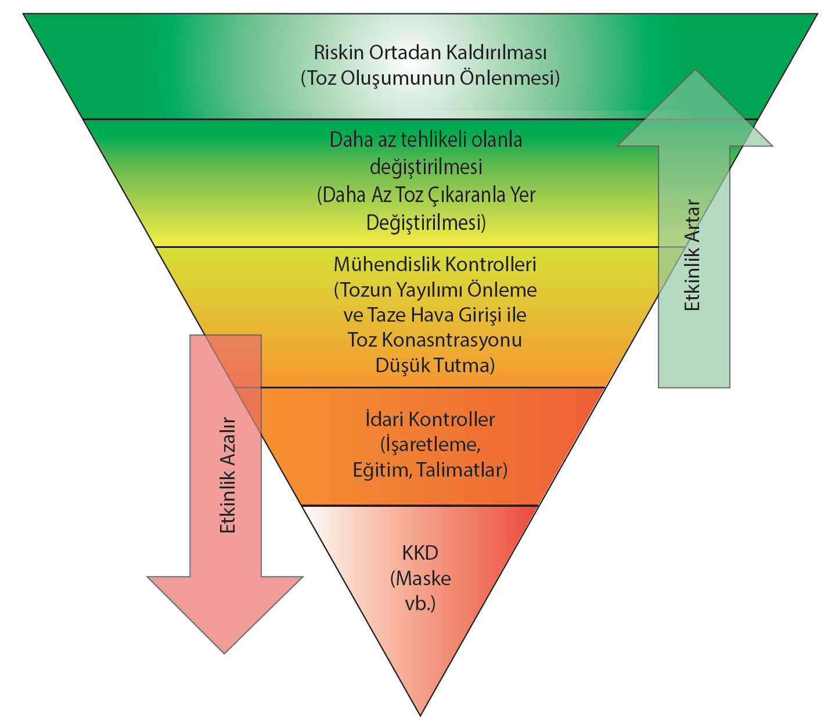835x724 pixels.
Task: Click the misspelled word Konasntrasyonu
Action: pos(451,340)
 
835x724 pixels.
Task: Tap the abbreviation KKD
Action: pos(420,552)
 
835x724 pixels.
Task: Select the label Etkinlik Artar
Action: pos(693,255)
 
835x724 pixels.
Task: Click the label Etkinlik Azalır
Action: pos(228,476)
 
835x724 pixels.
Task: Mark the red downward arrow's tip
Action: pos(225,653)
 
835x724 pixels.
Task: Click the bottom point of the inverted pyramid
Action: pos(420,715)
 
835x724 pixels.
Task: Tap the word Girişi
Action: pos(479,315)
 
